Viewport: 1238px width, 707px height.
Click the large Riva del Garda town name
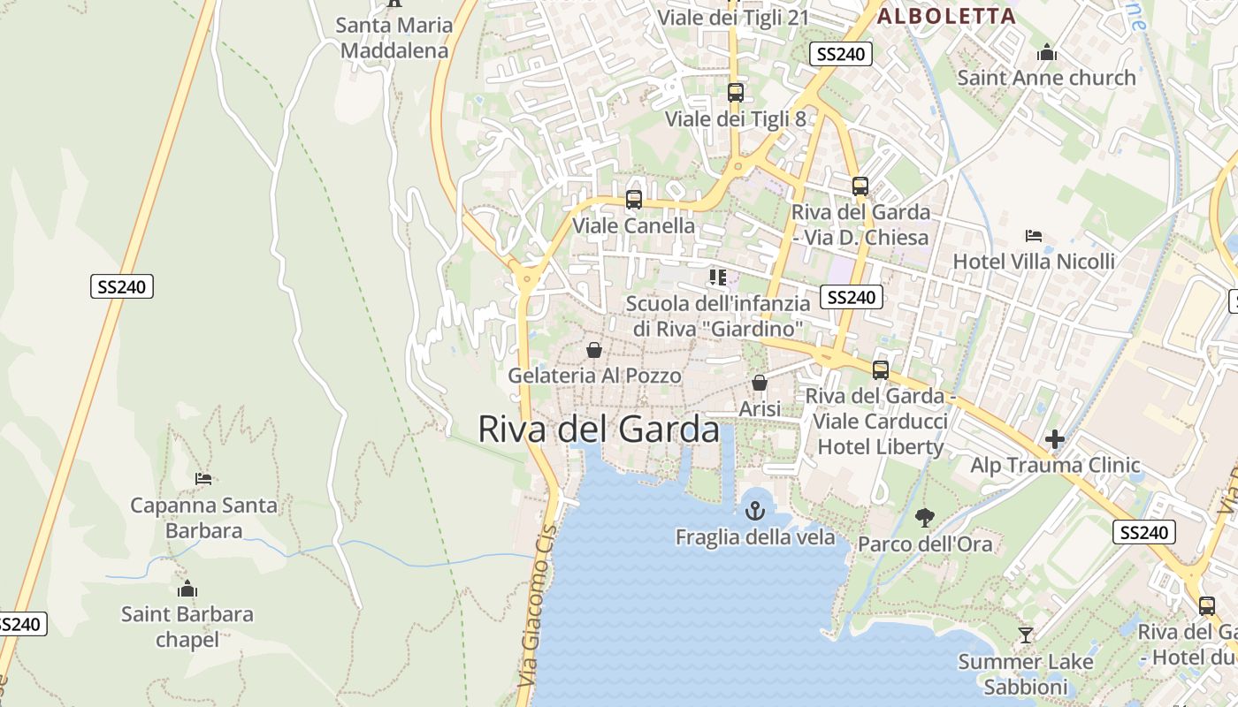[599, 429]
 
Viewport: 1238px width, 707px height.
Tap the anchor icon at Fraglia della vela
[754, 511]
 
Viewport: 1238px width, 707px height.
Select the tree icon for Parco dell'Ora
[925, 517]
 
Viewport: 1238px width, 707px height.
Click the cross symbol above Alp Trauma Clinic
[1054, 438]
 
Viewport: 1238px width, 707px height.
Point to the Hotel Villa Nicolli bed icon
[1033, 235]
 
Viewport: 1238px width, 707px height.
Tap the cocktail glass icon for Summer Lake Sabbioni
[1025, 635]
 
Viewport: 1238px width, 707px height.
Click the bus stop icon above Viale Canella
[633, 200]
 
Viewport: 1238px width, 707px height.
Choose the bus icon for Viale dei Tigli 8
[735, 92]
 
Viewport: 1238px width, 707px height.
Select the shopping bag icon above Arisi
[759, 383]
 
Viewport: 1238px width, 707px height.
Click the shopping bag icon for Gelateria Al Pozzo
[594, 350]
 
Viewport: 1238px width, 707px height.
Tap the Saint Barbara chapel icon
[187, 589]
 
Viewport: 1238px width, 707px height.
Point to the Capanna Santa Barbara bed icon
[203, 479]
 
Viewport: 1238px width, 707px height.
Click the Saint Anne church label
[1046, 78]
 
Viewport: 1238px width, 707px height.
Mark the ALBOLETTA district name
[946, 15]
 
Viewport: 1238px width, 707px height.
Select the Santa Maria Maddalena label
[394, 37]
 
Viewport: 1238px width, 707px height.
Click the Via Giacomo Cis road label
[538, 605]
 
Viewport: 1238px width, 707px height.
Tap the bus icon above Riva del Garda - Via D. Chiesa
[860, 186]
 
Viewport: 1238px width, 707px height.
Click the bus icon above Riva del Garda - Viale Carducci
[880, 370]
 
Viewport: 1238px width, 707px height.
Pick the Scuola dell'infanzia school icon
[717, 277]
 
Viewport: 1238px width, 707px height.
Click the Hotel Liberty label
[880, 446]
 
